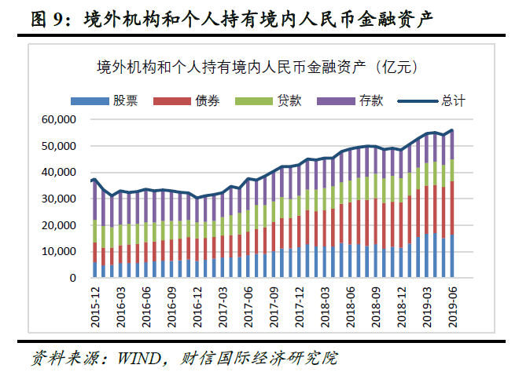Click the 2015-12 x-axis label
click(95, 301)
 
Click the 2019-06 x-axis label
click(452, 301)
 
